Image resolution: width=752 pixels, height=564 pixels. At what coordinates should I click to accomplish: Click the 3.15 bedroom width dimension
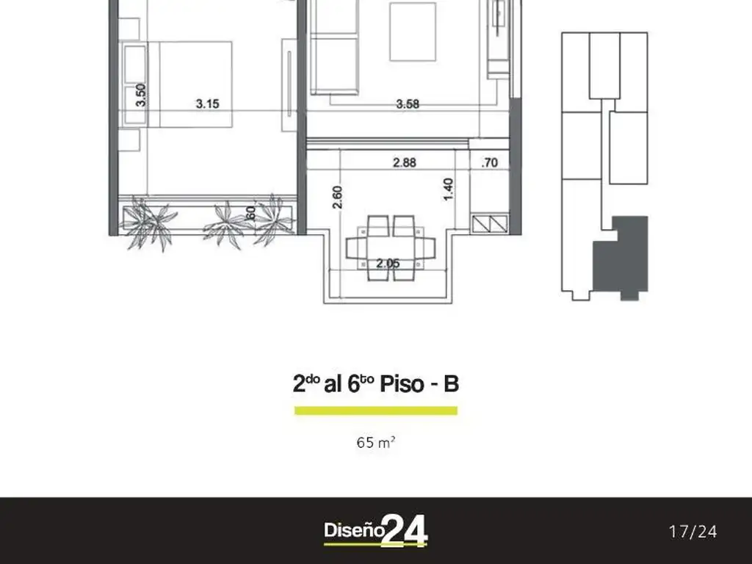pos(207,104)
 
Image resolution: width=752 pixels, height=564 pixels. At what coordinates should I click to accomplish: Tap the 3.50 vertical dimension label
pos(141,95)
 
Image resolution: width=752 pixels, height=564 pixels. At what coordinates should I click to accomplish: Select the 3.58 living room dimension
pos(408,104)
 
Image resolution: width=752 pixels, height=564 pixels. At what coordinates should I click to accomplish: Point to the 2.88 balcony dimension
pos(404,162)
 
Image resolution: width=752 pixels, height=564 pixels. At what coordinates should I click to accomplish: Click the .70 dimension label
pos(489,162)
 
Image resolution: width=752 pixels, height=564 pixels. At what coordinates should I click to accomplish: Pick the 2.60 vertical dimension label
pos(337,198)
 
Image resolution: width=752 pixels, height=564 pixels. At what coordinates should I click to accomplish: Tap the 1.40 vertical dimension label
pos(449,190)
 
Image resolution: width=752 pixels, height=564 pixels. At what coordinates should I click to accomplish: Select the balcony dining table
pos(391,245)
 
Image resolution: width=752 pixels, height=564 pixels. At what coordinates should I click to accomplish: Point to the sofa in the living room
pos(334,48)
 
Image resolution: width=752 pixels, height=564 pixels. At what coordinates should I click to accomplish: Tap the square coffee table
pos(412,32)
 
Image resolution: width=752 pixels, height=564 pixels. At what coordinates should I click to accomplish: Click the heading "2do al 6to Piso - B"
pos(376,384)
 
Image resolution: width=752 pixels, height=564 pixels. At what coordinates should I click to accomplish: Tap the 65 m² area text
pos(376,442)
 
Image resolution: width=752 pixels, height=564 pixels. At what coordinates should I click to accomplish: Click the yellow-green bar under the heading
pos(376,411)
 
